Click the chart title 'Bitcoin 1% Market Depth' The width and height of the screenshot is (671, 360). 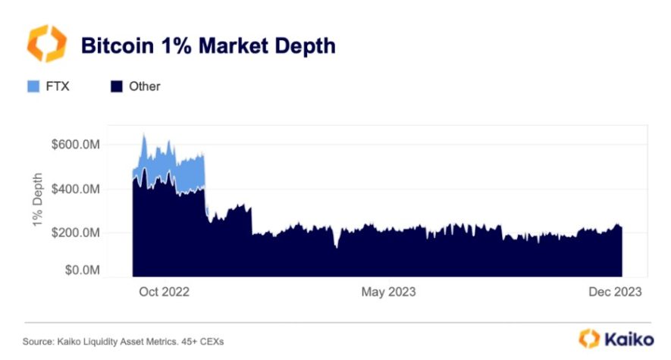[208, 46]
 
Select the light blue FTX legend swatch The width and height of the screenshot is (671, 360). [33, 86]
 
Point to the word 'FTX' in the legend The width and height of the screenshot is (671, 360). [58, 86]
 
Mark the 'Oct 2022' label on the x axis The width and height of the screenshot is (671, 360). [165, 292]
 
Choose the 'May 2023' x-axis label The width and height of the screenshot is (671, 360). [388, 292]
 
